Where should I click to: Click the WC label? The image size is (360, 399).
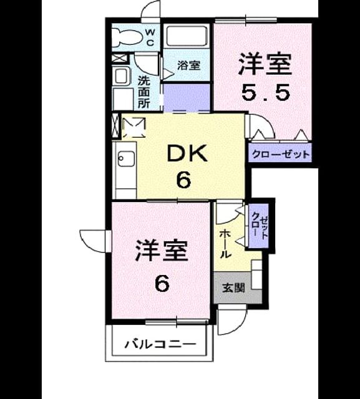(150, 37)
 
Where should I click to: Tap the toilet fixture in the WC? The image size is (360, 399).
(125, 37)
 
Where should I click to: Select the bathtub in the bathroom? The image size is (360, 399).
(186, 36)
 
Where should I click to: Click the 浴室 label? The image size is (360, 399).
(188, 65)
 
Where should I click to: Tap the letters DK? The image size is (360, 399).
(187, 153)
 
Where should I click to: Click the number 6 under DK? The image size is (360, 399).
(183, 180)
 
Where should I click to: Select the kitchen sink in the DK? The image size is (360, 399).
(126, 158)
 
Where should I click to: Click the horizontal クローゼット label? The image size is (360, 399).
(281, 154)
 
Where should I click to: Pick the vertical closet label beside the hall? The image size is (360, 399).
(260, 225)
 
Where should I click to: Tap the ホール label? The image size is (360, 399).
(225, 244)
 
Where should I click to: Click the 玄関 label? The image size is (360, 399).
(233, 288)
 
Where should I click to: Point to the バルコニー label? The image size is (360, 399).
(160, 344)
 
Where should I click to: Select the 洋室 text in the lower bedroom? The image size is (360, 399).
(162, 251)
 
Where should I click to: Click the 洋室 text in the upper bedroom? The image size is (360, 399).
(265, 64)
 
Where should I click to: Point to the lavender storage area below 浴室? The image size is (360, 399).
(187, 97)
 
